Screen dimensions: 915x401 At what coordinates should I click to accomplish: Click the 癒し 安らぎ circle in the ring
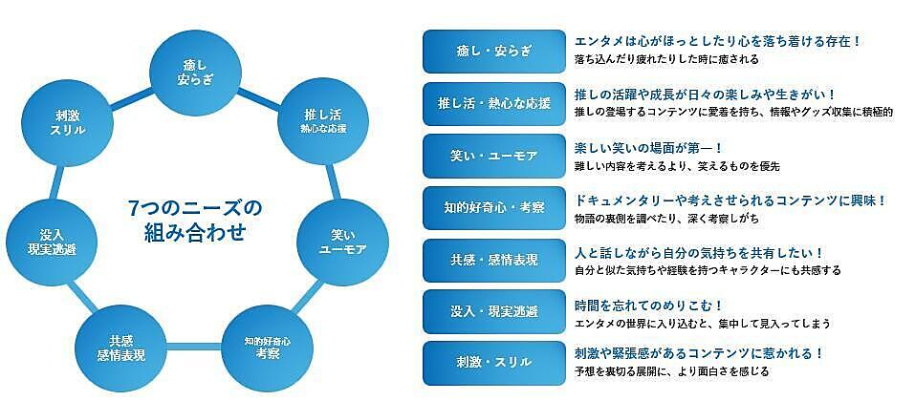(x=195, y=73)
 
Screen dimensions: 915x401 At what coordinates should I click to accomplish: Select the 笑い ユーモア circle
(x=343, y=243)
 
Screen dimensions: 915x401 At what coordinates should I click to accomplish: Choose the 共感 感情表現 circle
(x=120, y=348)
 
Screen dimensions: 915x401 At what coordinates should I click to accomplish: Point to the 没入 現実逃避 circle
(x=52, y=243)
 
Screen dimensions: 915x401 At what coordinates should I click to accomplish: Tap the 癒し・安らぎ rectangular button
(x=494, y=52)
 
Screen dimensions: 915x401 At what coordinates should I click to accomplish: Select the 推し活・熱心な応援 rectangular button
(x=494, y=104)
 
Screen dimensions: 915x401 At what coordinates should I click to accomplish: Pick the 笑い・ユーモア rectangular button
(x=494, y=157)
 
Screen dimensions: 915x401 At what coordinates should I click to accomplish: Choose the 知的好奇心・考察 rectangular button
(x=494, y=208)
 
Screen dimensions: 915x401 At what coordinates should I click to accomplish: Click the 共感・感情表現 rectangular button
(x=494, y=260)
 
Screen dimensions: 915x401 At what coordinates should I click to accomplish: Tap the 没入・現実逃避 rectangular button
(x=494, y=311)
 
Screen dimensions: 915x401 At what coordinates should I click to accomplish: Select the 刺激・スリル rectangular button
(x=494, y=363)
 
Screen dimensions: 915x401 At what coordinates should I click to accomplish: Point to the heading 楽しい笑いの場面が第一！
(x=649, y=148)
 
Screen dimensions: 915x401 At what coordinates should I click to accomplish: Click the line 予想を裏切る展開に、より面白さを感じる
(x=671, y=371)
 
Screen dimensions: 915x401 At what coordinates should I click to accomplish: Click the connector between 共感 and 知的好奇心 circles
(x=194, y=348)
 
